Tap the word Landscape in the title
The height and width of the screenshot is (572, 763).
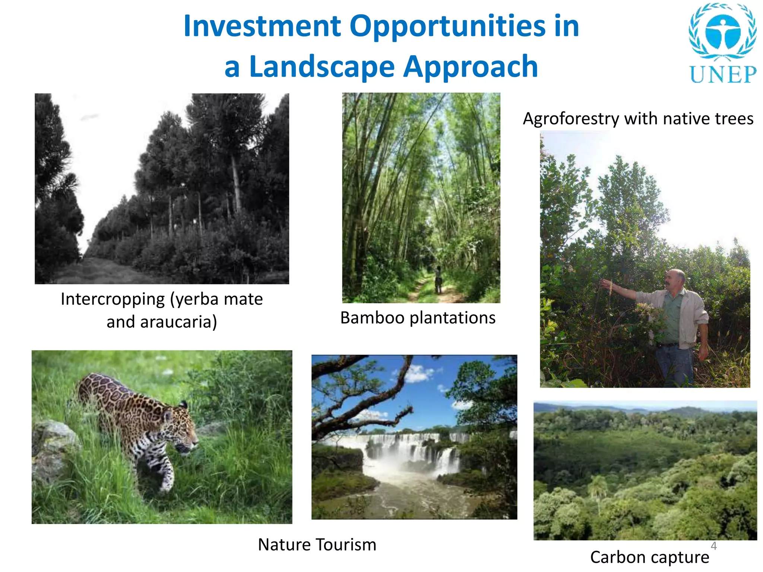coord(322,67)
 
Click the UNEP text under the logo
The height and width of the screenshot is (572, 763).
coord(723,74)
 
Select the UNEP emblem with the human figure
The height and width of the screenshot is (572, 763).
coord(723,32)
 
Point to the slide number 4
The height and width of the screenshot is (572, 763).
coord(714,546)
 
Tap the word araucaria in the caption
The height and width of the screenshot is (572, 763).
coord(178,322)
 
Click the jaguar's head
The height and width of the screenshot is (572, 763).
coord(183,428)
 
